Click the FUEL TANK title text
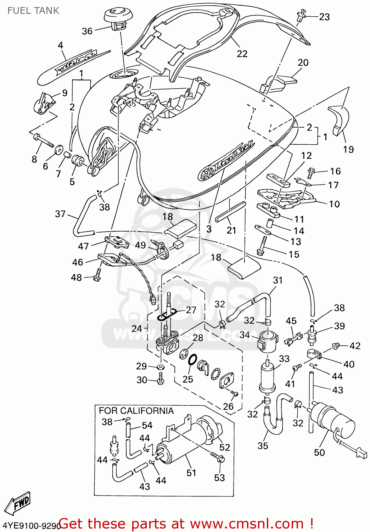(x=33, y=11)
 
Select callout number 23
(x=324, y=17)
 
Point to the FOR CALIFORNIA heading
(x=136, y=411)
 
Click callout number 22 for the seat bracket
(x=242, y=54)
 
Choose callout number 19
(x=348, y=149)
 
